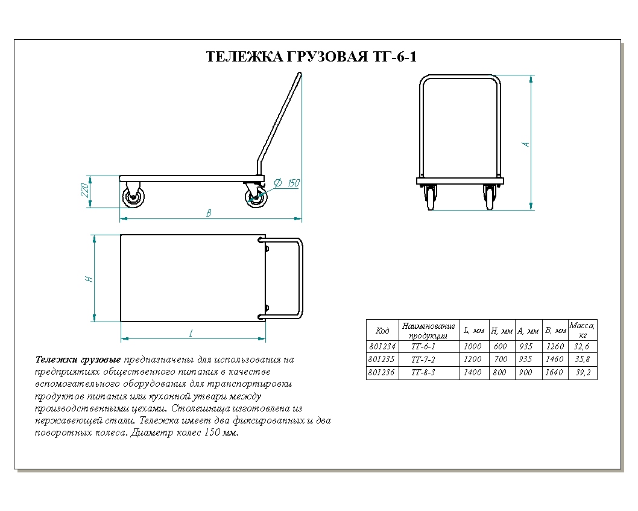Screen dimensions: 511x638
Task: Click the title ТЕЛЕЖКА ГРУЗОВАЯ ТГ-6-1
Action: tap(311, 57)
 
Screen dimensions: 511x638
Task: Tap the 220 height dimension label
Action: tap(86, 191)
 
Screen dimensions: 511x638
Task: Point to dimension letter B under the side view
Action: tap(209, 213)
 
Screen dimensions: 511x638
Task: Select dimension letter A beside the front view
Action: tap(526, 144)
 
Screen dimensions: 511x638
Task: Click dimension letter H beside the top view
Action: tap(89, 279)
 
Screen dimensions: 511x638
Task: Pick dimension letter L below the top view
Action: tap(191, 332)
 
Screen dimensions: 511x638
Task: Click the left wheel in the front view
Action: tap(431, 197)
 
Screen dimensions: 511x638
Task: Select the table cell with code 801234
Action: tap(382, 347)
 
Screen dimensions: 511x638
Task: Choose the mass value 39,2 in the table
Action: tap(583, 373)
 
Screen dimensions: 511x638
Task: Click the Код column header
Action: tap(382, 331)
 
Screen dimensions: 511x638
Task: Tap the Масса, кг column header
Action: tap(583, 330)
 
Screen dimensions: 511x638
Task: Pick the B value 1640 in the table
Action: tap(555, 373)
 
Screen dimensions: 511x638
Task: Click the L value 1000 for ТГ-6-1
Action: tap(473, 347)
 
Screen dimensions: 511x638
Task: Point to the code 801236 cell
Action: tap(382, 373)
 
